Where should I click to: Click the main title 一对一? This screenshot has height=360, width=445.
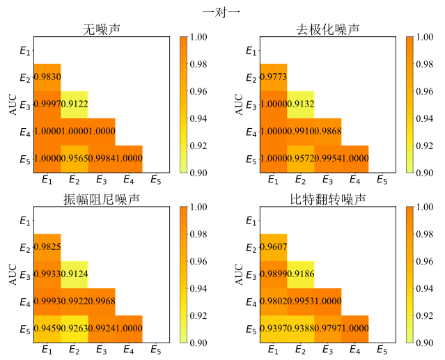click(221, 11)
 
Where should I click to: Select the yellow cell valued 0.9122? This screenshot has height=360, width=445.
click(74, 104)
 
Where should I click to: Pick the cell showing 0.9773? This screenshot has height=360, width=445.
click(273, 77)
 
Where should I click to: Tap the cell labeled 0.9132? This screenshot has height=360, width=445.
click(300, 104)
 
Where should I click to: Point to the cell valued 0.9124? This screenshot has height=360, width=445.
click(74, 274)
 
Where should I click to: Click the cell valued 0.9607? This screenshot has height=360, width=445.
click(273, 247)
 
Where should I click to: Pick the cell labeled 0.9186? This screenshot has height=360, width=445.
click(300, 274)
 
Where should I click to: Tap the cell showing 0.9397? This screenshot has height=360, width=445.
click(273, 329)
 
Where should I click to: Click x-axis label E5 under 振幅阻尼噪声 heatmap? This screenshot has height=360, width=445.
click(155, 350)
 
